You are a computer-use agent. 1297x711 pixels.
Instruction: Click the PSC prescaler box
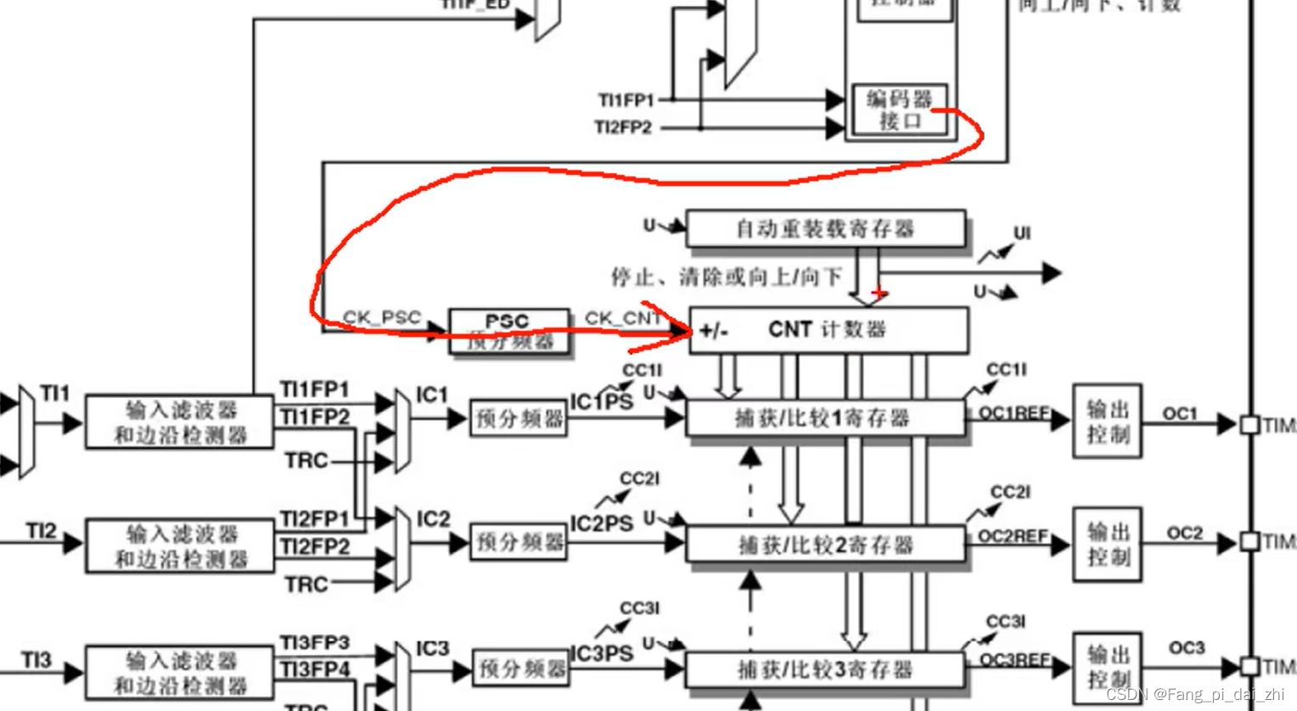point(508,331)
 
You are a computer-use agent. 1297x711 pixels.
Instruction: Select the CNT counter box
point(828,329)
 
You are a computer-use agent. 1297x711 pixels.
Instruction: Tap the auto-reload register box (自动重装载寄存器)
point(825,229)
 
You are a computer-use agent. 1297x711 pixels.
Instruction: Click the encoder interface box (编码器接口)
point(900,110)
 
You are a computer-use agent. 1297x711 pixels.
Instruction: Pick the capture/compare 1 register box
point(824,418)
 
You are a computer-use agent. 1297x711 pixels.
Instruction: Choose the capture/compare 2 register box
point(824,544)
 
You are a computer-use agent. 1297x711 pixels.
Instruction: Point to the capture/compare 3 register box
point(824,669)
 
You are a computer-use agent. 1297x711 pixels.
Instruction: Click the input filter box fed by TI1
point(180,422)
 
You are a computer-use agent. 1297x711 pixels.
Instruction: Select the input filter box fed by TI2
point(180,546)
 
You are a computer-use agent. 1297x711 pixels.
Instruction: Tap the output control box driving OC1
point(1107,421)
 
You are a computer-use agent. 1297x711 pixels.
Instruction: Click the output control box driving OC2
point(1107,545)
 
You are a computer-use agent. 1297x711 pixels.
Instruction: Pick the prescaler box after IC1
point(519,418)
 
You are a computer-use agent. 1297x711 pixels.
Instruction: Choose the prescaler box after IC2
point(519,542)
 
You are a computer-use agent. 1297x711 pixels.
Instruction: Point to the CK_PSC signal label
point(382,317)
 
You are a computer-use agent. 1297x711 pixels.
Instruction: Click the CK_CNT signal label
point(622,318)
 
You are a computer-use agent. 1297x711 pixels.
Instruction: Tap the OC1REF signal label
point(1013,413)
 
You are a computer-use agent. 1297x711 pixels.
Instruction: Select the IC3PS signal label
point(602,654)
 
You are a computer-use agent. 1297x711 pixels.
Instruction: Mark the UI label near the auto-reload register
point(1022,233)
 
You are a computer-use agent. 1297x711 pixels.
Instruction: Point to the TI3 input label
point(36,660)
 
